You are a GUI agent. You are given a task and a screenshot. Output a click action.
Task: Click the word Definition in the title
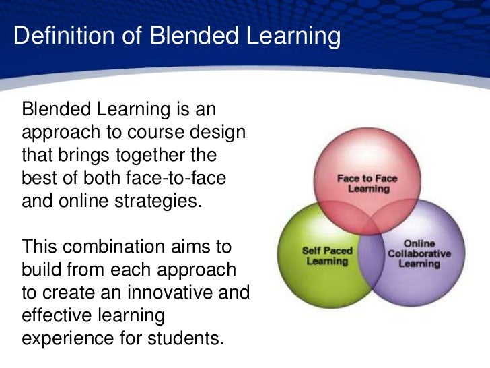tap(53, 37)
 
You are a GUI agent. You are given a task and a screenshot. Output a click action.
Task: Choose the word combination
tap(124, 247)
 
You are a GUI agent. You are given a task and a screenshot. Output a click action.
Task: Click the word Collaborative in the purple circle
tap(419, 253)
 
